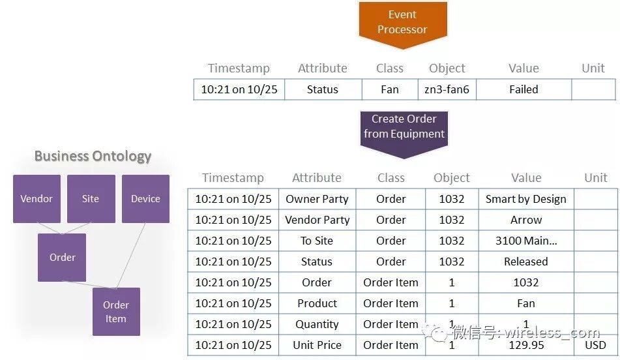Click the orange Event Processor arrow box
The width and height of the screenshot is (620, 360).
point(402,23)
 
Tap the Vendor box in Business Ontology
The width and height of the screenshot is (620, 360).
point(37,199)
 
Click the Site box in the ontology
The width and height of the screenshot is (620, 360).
point(91,199)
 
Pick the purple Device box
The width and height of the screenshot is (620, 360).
point(145,199)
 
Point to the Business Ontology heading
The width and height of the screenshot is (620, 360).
point(93,157)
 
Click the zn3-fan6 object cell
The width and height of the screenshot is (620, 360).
point(447,89)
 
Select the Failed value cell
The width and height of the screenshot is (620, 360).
point(524,89)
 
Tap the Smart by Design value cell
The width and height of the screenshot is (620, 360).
point(525,199)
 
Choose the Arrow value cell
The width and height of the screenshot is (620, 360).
point(525,220)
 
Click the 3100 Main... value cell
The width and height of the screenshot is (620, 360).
point(525,241)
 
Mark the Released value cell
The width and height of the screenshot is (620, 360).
point(525,262)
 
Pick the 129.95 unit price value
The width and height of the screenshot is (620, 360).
point(525,345)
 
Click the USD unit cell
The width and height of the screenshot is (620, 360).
point(595,345)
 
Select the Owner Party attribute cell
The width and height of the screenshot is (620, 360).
point(317,199)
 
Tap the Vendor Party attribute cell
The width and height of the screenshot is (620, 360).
point(317,220)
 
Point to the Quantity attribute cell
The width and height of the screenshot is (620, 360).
point(317,324)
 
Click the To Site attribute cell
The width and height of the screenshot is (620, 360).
point(317,241)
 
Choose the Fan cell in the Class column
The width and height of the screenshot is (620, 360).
point(389,89)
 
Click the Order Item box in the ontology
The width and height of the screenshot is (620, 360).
point(116,312)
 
